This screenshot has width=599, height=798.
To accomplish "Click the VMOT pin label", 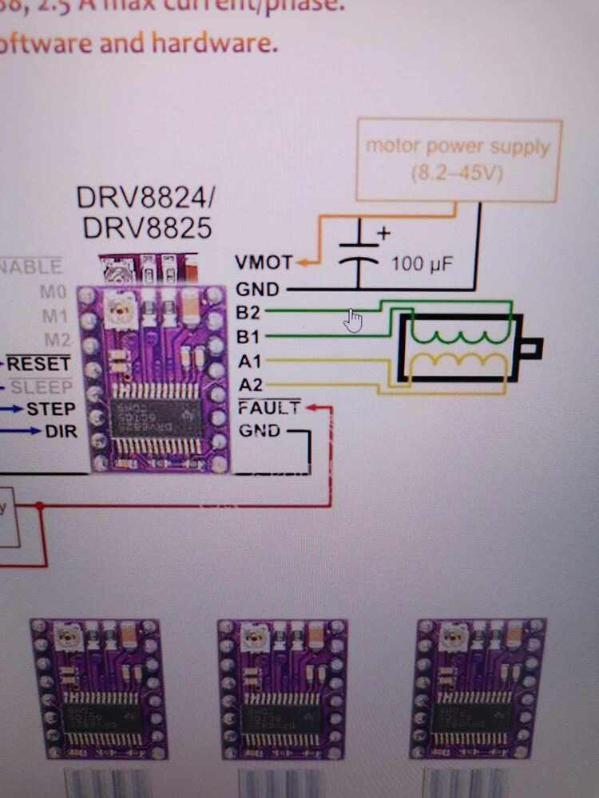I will pyautogui.click(x=264, y=263).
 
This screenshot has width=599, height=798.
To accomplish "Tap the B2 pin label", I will pyautogui.click(x=249, y=310).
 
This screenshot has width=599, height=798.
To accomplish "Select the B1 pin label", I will pyautogui.click(x=249, y=336).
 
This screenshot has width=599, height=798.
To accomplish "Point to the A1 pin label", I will pyautogui.click(x=250, y=361).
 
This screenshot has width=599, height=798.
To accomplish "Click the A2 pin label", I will pyautogui.click(x=250, y=385).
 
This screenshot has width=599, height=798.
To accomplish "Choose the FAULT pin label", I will pyautogui.click(x=269, y=409).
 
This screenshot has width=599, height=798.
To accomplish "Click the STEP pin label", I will pyautogui.click(x=50, y=409).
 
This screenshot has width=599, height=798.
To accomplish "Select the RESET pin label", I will pyautogui.click(x=39, y=365).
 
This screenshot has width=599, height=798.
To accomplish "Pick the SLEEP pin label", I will pyautogui.click(x=42, y=388).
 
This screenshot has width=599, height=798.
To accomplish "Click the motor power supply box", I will pyautogui.click(x=458, y=160).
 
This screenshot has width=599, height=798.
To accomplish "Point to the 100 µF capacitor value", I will pyautogui.click(x=422, y=263).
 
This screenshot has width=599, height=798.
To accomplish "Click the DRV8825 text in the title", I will pyautogui.click(x=148, y=228).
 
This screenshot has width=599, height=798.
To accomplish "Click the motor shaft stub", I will pyautogui.click(x=532, y=347).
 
